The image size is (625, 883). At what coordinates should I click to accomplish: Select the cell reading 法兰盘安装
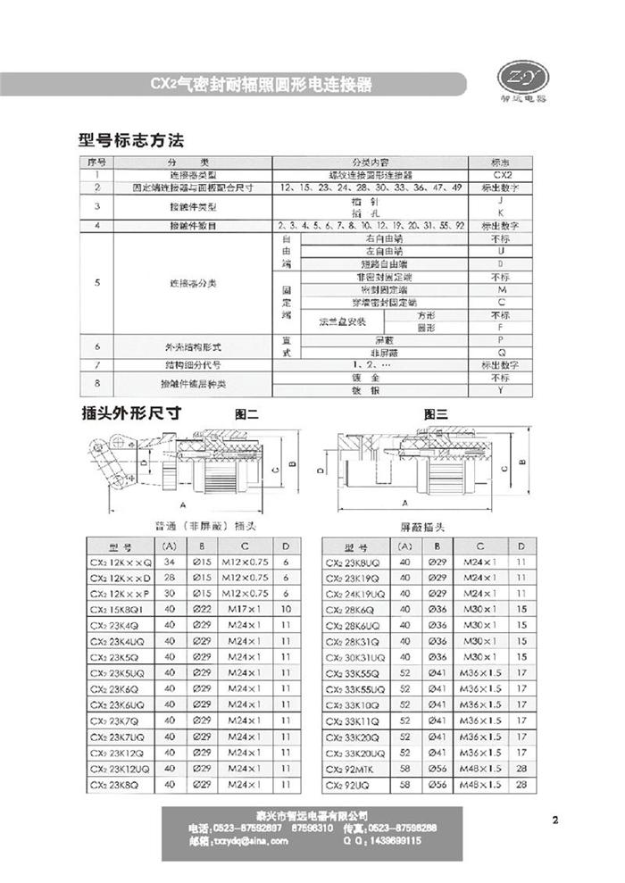point(338,321)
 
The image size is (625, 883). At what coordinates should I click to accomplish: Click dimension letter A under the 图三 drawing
point(405,502)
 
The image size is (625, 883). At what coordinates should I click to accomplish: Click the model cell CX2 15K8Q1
point(121,608)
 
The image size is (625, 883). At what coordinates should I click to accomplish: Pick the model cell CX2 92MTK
point(362,768)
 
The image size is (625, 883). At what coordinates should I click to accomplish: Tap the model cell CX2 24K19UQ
point(362,593)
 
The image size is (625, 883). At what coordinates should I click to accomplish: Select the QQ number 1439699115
point(397,840)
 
